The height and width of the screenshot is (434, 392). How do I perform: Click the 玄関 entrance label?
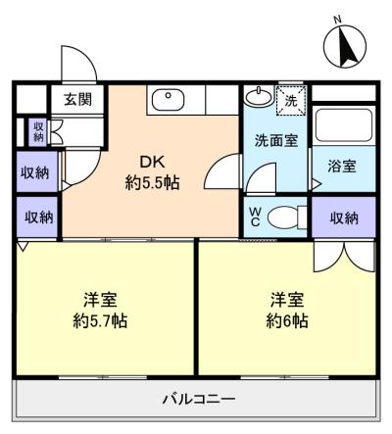pyautogui.click(x=77, y=99)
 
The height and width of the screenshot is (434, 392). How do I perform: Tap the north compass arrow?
pyautogui.click(x=345, y=47)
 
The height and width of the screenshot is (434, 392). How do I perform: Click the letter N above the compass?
pyautogui.click(x=338, y=20)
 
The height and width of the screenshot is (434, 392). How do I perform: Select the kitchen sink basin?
pyautogui.click(x=169, y=100)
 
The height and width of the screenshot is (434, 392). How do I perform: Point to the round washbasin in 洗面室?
pyautogui.click(x=259, y=96)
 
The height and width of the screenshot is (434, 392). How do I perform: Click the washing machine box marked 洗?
pyautogui.click(x=291, y=100)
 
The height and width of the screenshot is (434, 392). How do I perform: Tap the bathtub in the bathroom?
pyautogui.click(x=344, y=125)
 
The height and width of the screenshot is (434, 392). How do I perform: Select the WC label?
pyautogui.click(x=255, y=217)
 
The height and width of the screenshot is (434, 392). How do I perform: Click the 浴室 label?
pyautogui.click(x=342, y=167)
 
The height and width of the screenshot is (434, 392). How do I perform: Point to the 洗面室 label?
pyautogui.click(x=276, y=140)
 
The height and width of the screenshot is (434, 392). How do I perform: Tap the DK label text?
pyautogui.click(x=152, y=162)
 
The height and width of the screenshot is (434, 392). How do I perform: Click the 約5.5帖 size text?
pyautogui.click(x=152, y=183)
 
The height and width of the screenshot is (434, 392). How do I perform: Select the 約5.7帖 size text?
pyautogui.click(x=100, y=321)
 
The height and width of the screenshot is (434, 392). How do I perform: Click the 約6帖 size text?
pyautogui.click(x=287, y=321)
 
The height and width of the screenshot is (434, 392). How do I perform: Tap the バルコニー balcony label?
pyautogui.click(x=199, y=399)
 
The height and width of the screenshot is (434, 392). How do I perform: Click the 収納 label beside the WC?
pyautogui.click(x=344, y=217)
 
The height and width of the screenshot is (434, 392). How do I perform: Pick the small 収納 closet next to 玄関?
pyautogui.click(x=38, y=132)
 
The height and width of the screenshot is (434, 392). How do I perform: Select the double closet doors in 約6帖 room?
pyautogui.click(x=344, y=257)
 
